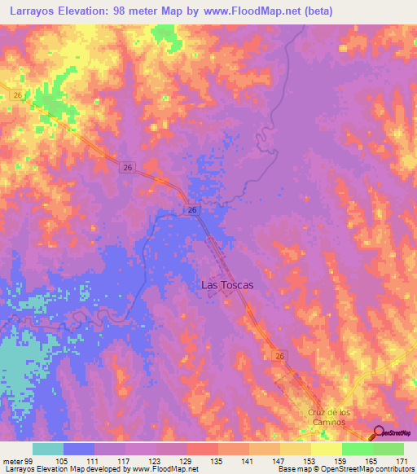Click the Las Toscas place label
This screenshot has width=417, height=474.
coord(227,286)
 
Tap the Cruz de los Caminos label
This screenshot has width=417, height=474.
coord(329,418)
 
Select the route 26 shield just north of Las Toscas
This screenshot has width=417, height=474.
coord(191,209)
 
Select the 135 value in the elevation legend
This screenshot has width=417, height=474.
coord(217,460)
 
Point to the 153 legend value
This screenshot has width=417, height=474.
coord(310,460)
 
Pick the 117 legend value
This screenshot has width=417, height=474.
coord(125,460)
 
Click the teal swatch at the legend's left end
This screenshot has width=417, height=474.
coord(48,449)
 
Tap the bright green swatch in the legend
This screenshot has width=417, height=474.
coord(357,449)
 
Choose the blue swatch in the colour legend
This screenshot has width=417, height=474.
coord(79,449)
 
